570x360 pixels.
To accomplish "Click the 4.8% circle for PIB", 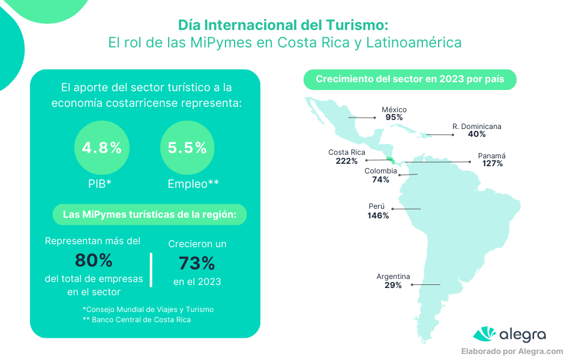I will pos(102,148).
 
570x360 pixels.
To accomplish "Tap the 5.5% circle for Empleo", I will pos(188,148).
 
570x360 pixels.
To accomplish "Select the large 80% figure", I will pos(93,260).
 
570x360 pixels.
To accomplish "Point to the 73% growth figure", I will pos(197,263).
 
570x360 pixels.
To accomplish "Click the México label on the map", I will pos(394,110).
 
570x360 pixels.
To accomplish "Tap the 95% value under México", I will pos(394,118).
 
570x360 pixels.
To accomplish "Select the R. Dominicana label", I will pos(476,127).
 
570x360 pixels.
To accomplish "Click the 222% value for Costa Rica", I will pos(347,161).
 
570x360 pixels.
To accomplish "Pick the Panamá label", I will pos(491,155).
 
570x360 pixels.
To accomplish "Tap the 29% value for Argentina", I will pos(393,285).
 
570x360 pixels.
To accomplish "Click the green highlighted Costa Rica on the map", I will pos(391,159).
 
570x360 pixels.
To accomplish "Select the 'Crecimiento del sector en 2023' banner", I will pos(410,79).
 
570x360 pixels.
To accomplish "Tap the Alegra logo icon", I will pos(485,334).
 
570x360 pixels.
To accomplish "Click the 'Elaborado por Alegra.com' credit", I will pos(512,352).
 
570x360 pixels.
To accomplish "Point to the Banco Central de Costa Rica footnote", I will pos(137,320).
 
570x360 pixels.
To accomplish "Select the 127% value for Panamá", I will pos(491,163).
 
